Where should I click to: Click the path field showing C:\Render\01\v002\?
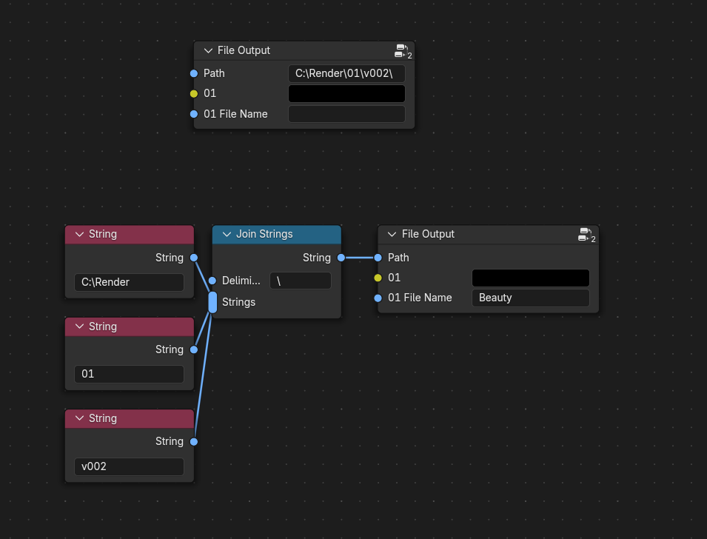pyautogui.click(x=346, y=73)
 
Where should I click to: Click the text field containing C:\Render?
pyautogui.click(x=129, y=282)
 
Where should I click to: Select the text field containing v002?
pyautogui.click(x=129, y=466)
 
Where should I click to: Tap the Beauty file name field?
pyautogui.click(x=531, y=298)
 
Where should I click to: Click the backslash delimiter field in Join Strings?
pyautogui.click(x=301, y=281)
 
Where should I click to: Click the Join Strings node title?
pyautogui.click(x=265, y=234)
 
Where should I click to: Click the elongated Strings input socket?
pyautogui.click(x=212, y=302)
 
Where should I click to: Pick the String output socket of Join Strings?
pyautogui.click(x=341, y=258)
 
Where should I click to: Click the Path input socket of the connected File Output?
pyautogui.click(x=378, y=258)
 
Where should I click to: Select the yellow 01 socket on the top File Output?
pyautogui.click(x=194, y=93)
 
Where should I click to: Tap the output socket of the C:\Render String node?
pyautogui.click(x=194, y=258)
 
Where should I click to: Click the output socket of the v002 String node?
pyautogui.click(x=194, y=441)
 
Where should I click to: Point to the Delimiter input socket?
pyautogui.click(x=212, y=281)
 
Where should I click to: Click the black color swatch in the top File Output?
pyautogui.click(x=346, y=94)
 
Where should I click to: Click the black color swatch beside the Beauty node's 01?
pyautogui.click(x=531, y=278)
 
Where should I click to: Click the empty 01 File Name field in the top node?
pyautogui.click(x=346, y=114)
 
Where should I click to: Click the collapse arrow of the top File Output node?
pyautogui.click(x=208, y=50)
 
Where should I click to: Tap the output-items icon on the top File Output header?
pyautogui.click(x=403, y=51)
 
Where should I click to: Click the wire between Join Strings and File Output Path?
pyautogui.click(x=360, y=258)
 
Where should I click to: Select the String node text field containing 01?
pyautogui.click(x=129, y=374)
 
